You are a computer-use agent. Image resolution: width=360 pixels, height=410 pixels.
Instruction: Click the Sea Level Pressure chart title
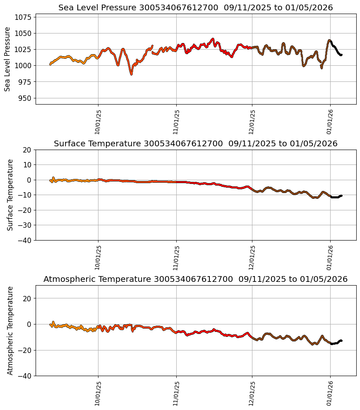(195, 8)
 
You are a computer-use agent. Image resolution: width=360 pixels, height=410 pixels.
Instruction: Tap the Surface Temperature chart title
(195, 144)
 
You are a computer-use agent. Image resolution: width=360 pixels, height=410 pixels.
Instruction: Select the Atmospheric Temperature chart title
(195, 279)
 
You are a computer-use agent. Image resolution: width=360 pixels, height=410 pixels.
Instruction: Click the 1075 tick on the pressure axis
(23, 17)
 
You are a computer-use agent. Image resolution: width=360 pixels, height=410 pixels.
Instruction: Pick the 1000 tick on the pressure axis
(23, 66)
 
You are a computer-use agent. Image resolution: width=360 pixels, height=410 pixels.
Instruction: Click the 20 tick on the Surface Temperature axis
(28, 150)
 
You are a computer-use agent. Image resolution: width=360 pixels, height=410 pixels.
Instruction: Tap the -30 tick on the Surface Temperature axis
(26, 225)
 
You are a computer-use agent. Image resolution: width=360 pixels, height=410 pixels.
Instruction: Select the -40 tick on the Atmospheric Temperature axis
(26, 376)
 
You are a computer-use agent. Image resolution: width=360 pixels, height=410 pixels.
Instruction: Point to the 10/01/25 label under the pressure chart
(98, 122)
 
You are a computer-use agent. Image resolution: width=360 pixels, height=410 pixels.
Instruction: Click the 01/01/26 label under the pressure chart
(330, 122)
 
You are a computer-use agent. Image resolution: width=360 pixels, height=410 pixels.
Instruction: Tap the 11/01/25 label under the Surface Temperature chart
(176, 257)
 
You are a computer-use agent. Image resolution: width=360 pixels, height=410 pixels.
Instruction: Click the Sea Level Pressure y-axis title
(7, 59)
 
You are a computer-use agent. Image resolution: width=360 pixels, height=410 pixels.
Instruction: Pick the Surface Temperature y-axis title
(10, 195)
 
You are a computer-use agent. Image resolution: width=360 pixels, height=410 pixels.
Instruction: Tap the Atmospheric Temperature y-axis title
(10, 330)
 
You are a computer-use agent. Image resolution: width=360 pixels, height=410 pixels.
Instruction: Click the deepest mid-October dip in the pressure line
(131, 74)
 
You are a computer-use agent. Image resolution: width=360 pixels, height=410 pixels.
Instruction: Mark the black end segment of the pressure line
(336, 50)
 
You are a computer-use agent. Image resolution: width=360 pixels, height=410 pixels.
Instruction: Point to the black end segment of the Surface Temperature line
(336, 197)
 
